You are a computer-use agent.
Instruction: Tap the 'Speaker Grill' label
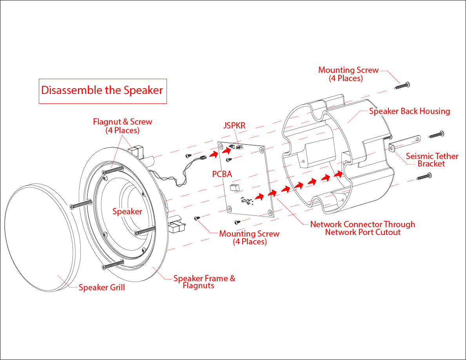[102, 288]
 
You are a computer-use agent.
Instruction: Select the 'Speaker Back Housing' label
[409, 111]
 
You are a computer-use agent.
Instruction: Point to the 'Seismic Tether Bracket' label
[432, 160]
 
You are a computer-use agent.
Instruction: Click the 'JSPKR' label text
[234, 126]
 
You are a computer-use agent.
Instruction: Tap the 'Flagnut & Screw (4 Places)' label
[122, 126]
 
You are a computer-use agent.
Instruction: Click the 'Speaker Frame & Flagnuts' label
[204, 282]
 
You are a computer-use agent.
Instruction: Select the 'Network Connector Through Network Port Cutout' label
[362, 228]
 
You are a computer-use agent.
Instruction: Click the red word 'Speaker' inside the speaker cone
[127, 212]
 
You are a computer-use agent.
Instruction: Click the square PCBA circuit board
[247, 180]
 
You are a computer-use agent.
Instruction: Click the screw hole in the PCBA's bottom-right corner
[270, 212]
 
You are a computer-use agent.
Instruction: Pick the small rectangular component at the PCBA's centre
[234, 187]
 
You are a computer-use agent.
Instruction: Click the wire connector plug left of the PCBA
[203, 158]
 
